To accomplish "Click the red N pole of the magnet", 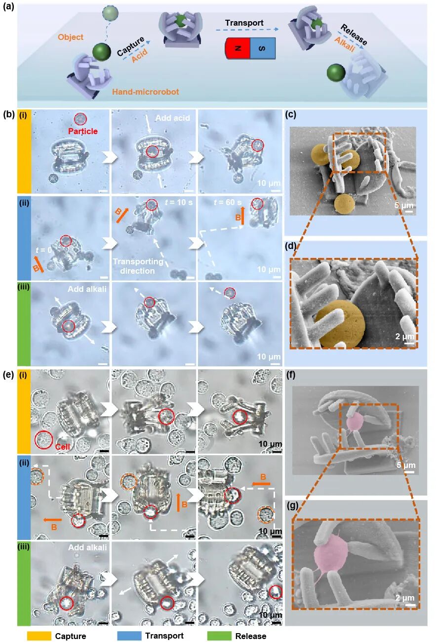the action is click(x=238, y=48).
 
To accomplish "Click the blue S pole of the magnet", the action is click(x=263, y=48).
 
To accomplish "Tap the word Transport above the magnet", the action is click(x=244, y=23).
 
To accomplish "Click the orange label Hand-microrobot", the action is click(x=146, y=92).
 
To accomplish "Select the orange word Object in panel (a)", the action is click(x=71, y=37).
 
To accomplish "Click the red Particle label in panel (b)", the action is click(x=82, y=131).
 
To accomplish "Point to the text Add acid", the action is click(x=173, y=118).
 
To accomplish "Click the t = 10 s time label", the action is click(x=178, y=202).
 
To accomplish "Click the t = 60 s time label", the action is click(x=228, y=202).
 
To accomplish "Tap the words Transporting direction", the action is click(x=138, y=266).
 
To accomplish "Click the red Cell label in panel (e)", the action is click(x=63, y=447).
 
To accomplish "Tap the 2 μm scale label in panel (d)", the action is click(x=404, y=336).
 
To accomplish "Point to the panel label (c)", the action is click(x=291, y=114).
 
